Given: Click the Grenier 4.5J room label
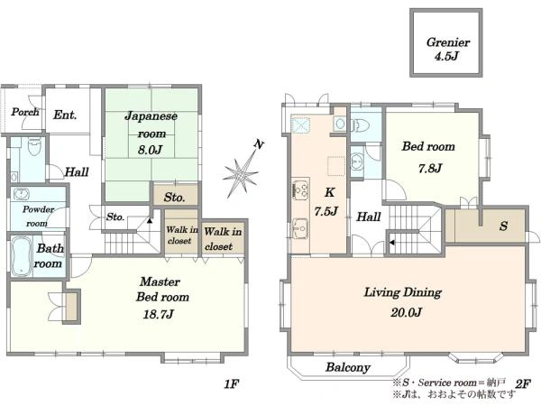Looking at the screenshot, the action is [447, 49].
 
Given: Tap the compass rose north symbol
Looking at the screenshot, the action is [243, 169].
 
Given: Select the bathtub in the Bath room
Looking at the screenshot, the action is [21, 256].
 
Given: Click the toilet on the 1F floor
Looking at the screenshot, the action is [34, 146].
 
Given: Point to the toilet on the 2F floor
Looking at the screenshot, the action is [359, 125].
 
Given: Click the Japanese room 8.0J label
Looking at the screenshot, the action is [151, 133].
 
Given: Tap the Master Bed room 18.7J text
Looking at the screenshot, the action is [162, 298].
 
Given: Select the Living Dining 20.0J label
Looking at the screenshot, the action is [403, 302].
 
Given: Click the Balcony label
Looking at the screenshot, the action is [348, 367].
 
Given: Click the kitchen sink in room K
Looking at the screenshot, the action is [300, 228].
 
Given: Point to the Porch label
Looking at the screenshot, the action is [25, 112].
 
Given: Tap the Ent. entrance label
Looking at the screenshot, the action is [65, 115].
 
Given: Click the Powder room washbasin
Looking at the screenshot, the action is [21, 194].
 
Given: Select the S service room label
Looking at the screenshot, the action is [504, 226].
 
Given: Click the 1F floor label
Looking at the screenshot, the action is [232, 383].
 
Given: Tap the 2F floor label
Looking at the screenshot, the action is [523, 383].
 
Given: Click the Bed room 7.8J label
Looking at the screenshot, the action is [429, 157].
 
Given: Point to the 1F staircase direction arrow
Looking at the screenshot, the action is [150, 220].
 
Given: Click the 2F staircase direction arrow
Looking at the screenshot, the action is [392, 243].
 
